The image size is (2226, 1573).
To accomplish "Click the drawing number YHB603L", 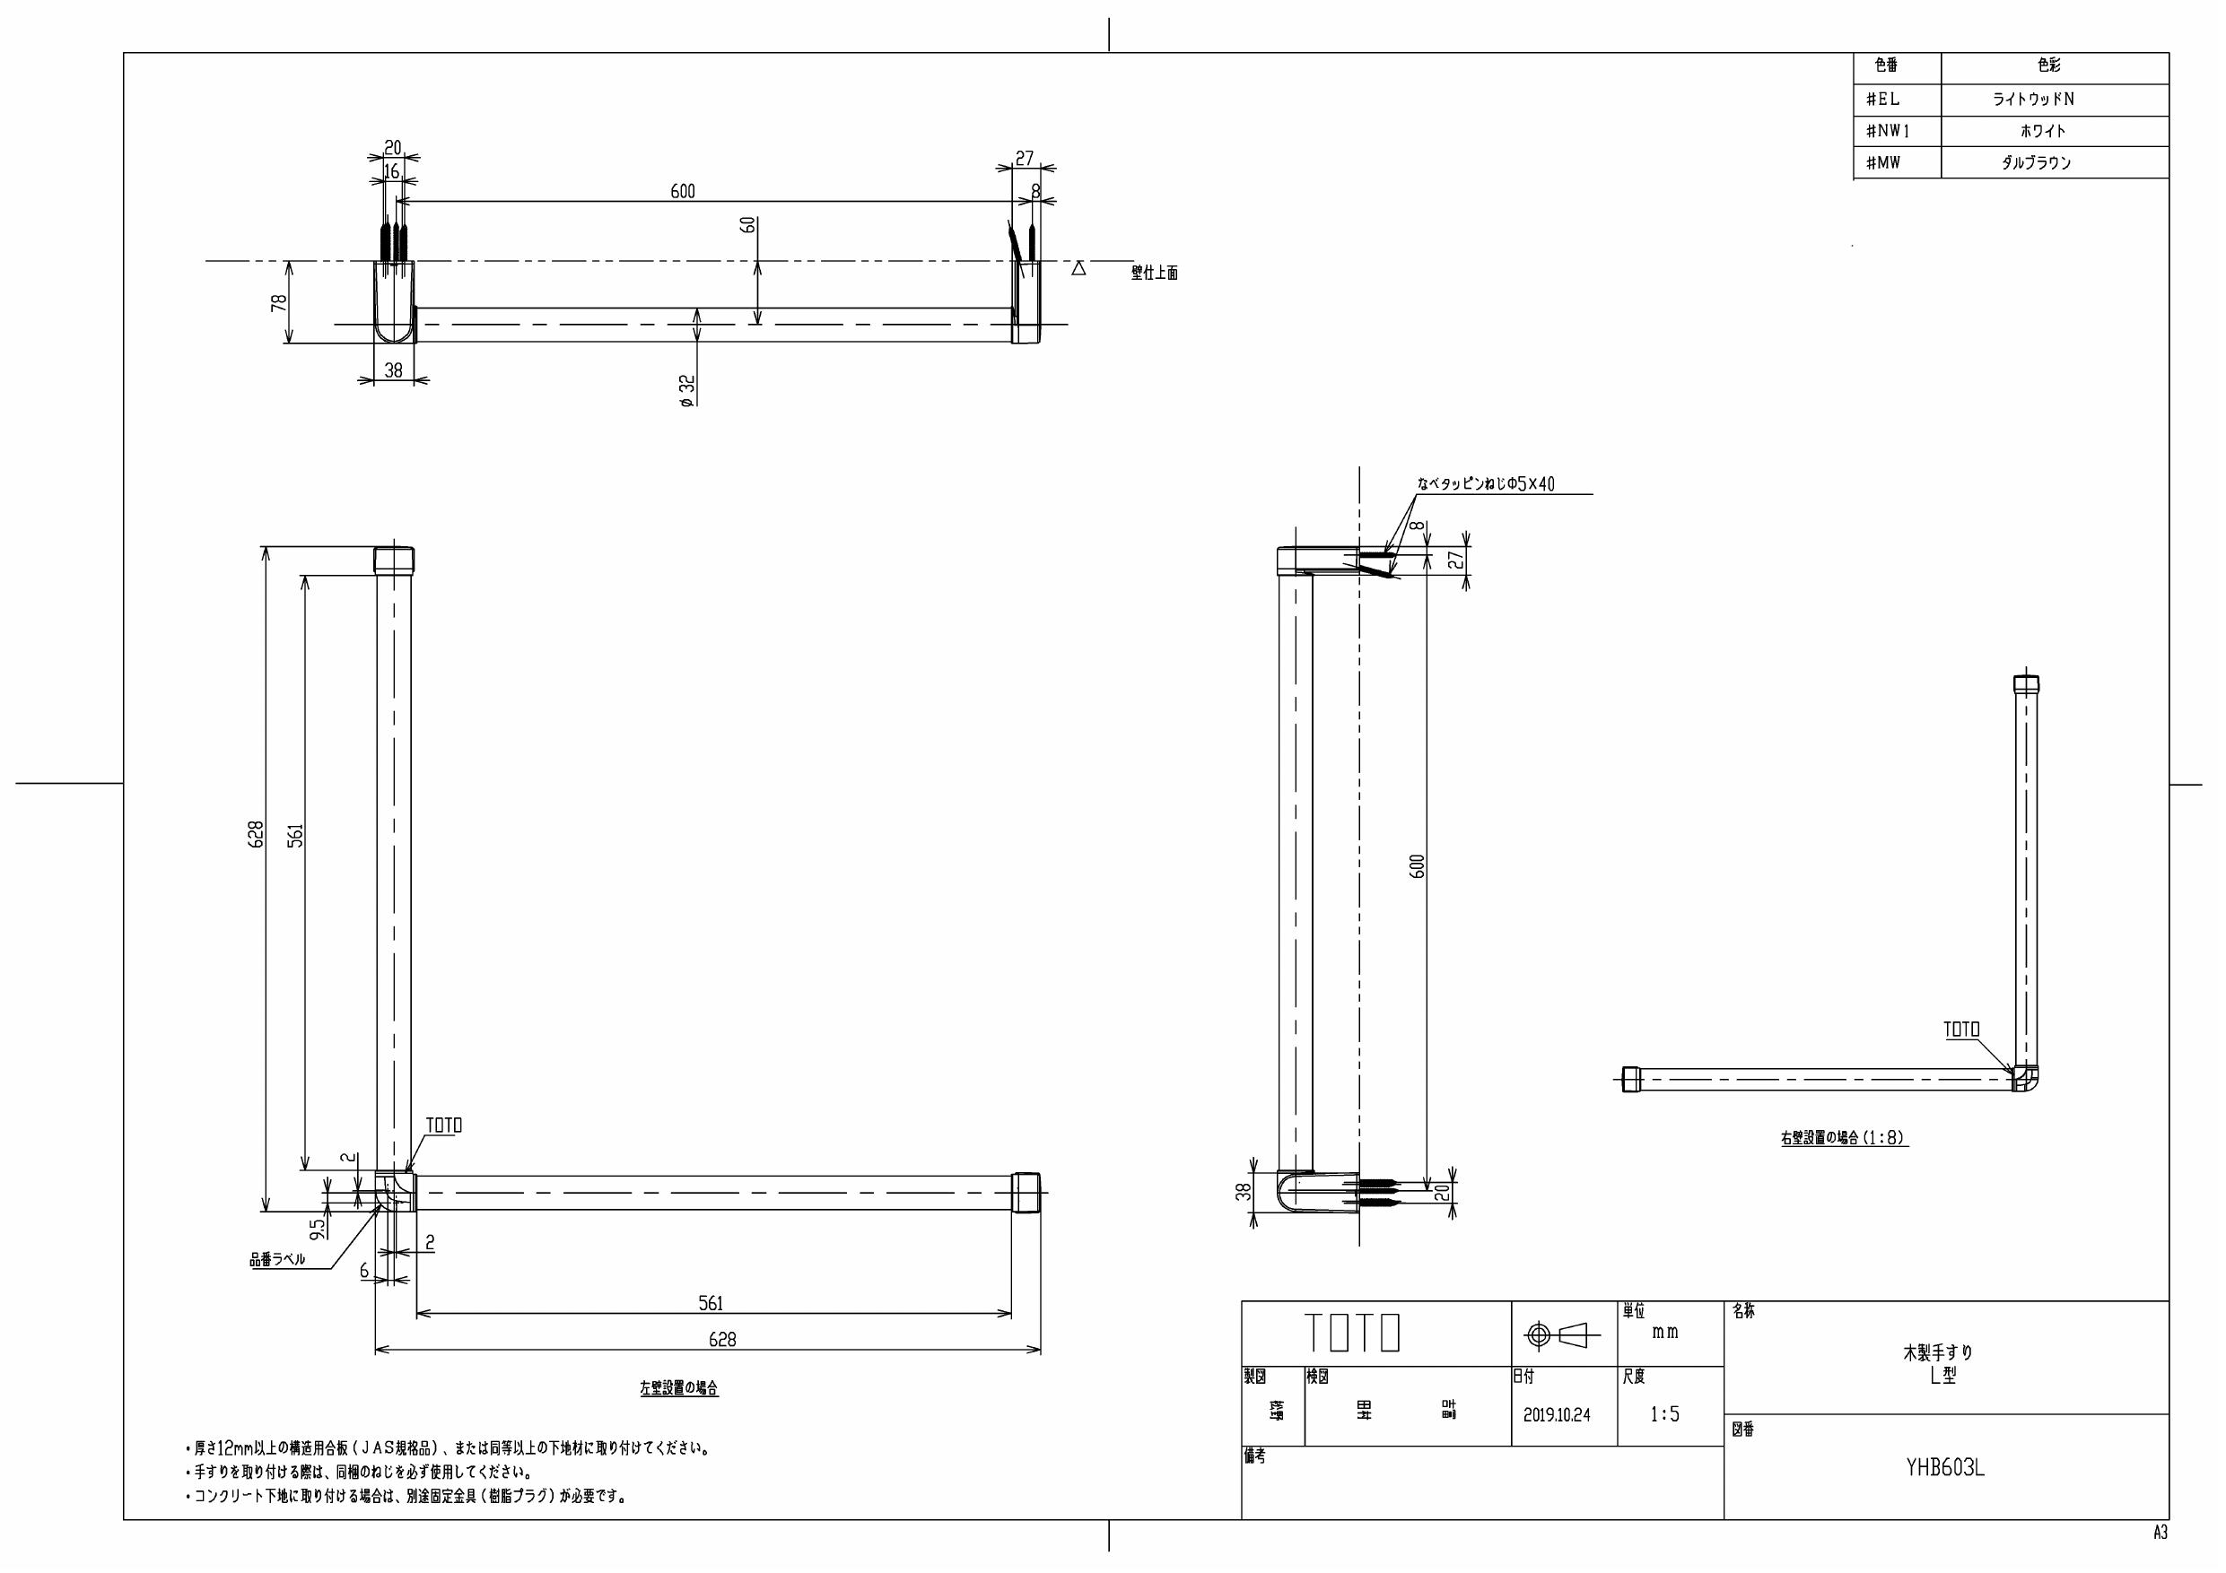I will [x=1945, y=1468].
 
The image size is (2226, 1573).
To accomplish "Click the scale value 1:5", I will [x=1664, y=1415].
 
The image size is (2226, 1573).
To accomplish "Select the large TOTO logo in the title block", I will [x=1351, y=1333].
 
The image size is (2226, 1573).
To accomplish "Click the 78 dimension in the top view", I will [x=279, y=302].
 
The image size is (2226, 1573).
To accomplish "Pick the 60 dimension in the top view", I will [x=747, y=224].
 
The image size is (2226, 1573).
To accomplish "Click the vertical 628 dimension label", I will [x=256, y=834].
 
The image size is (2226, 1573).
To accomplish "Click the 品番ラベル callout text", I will [x=277, y=1260].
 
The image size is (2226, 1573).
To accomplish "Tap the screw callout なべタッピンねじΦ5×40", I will [x=1485, y=483].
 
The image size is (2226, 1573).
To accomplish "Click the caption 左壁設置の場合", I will [x=678, y=1388].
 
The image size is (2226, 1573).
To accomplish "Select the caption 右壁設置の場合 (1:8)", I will [x=1843, y=1139].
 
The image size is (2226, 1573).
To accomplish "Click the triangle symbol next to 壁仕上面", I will [x=1078, y=268].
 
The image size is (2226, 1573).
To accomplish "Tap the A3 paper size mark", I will [x=2159, y=1533].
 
